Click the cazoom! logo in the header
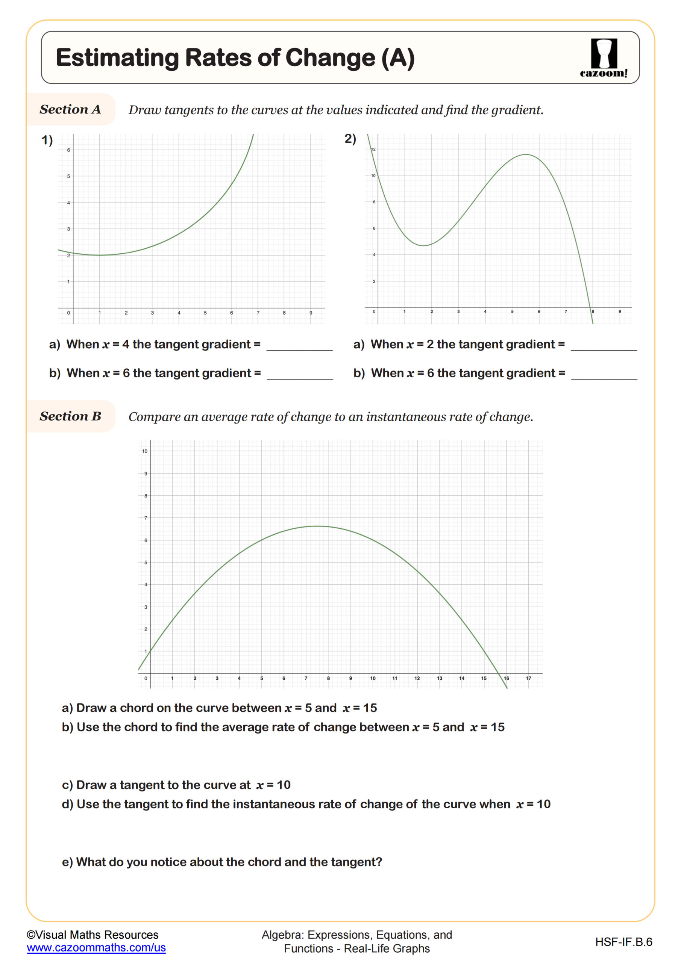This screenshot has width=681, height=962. click(x=604, y=58)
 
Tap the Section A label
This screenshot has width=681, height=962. click(x=70, y=109)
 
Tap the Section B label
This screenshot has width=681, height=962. click(x=70, y=416)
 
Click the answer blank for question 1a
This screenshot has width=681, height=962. click(x=299, y=345)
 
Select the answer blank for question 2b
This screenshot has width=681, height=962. click(x=604, y=374)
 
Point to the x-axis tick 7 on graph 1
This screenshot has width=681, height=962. click(x=258, y=313)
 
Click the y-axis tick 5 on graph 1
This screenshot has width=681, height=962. click(x=69, y=176)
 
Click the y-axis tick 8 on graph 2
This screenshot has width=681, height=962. click(x=374, y=202)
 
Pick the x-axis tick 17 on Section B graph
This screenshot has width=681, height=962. click(x=528, y=678)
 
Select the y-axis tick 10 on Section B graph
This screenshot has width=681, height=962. click(x=145, y=451)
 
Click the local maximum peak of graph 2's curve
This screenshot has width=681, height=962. click(x=526, y=154)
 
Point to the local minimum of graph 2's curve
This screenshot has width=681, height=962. click(x=425, y=245)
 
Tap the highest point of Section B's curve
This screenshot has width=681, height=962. click(x=317, y=526)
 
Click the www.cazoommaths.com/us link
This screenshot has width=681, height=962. click(x=96, y=947)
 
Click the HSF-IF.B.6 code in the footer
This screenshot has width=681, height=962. click(x=623, y=942)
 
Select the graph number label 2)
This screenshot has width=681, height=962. click(x=350, y=139)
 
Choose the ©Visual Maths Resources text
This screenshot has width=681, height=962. click(x=93, y=935)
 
